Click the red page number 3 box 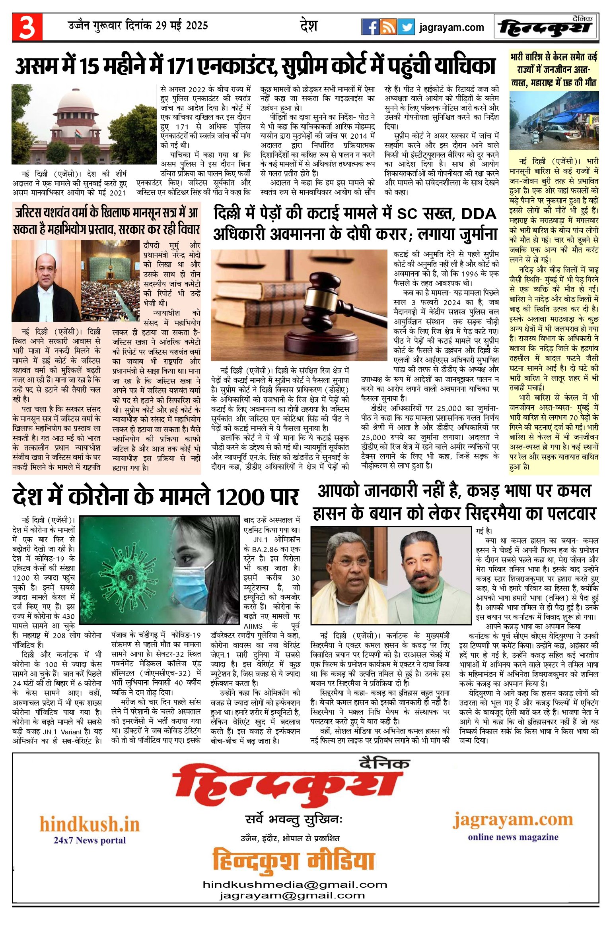[27, 27]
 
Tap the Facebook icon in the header [370, 27]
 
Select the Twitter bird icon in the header [406, 27]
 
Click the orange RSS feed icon [388, 27]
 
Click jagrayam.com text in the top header [451, 27]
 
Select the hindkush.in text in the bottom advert [90, 824]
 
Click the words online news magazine [513, 837]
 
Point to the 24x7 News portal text [90, 840]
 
